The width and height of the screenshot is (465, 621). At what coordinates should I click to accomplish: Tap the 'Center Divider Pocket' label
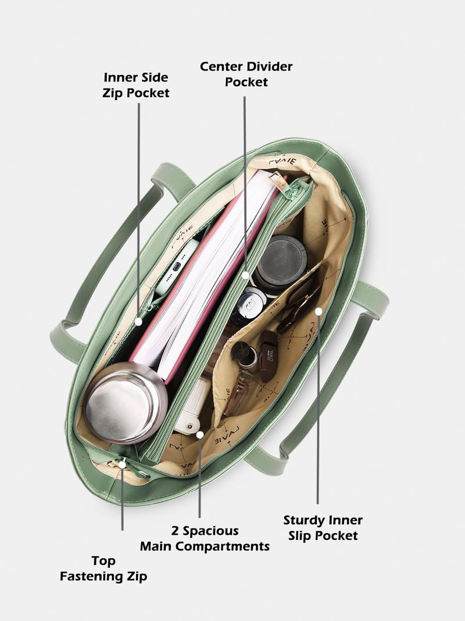click(246, 74)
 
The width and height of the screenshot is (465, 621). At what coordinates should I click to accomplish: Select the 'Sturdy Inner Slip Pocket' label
click(323, 527)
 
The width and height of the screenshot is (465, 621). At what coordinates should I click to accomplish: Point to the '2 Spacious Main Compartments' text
click(205, 538)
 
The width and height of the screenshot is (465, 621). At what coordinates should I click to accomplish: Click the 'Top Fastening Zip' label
click(103, 568)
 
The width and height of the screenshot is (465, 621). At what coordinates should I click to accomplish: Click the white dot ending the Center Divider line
click(245, 275)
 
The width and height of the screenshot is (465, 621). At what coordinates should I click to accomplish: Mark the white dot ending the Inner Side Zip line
click(138, 322)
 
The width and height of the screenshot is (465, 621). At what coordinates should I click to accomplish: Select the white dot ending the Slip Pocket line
click(319, 312)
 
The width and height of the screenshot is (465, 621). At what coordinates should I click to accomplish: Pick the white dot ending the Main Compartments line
click(200, 435)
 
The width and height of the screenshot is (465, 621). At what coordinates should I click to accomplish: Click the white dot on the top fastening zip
click(123, 464)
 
